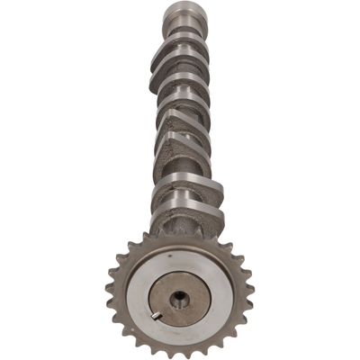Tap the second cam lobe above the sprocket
[x=184, y=184]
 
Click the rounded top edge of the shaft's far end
[x=179, y=5]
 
